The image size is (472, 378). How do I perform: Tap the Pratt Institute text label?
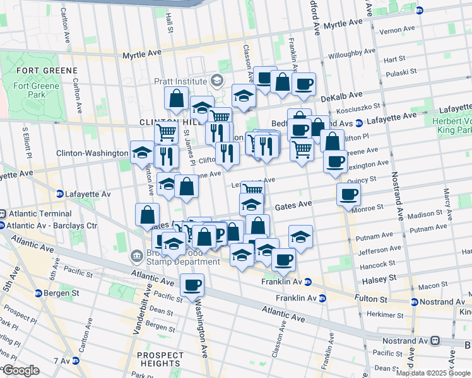point(181,81)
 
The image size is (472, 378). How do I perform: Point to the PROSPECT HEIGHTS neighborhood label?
point(160,359)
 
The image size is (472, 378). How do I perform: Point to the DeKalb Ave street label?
point(341,96)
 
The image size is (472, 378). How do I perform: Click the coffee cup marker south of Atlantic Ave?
point(192,285)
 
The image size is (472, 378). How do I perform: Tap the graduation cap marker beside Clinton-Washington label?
point(141,152)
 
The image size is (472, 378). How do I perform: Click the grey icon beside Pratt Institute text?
point(217,81)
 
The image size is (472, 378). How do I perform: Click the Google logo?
point(20,370)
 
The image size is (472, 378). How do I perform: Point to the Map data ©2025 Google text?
point(433,373)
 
